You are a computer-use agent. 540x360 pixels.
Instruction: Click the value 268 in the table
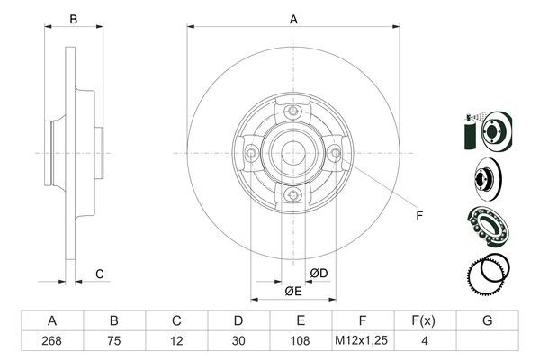pos(52,341)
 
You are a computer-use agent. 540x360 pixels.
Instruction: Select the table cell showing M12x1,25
pos(363,341)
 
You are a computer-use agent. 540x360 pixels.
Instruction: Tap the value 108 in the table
pos(301,341)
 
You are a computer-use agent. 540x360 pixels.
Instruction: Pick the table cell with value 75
pos(114,341)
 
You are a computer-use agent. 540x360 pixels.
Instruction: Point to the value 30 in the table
pos(238,341)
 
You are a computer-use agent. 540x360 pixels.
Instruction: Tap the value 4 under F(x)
pos(425,341)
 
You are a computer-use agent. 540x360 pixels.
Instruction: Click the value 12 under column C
pos(176,341)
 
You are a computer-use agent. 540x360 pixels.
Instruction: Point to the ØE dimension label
pos(292,291)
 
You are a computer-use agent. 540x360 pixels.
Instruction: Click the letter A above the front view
pos(292,19)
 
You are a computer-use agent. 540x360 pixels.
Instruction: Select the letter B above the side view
pos(75,19)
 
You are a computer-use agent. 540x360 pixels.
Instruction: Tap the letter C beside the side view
pos(100,273)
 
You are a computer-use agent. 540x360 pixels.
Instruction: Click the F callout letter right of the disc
pos(418,214)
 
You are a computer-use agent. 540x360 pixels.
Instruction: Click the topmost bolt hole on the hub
pos(292,111)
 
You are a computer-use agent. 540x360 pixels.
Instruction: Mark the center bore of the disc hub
pos(292,153)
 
